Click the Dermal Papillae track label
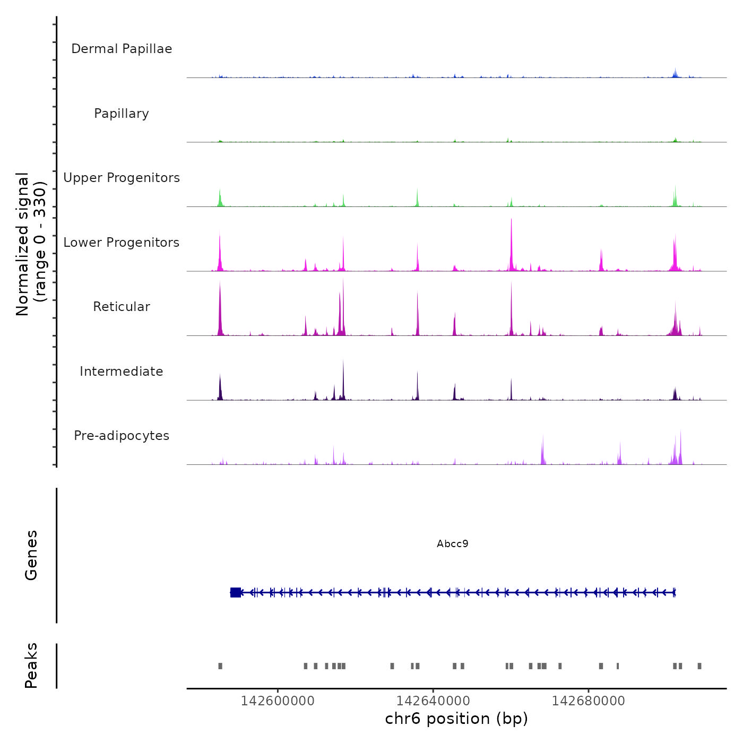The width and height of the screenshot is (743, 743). (x=122, y=49)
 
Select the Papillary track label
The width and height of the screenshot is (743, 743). (x=122, y=114)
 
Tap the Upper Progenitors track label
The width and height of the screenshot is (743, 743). (x=122, y=178)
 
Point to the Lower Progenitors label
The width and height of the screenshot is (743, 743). (x=122, y=243)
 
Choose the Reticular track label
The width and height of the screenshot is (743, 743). (x=122, y=307)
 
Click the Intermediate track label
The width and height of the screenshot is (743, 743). (x=122, y=371)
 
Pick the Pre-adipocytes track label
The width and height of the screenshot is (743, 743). (x=122, y=436)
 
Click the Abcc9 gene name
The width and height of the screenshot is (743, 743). (x=452, y=543)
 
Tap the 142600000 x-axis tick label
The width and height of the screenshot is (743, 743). (x=278, y=701)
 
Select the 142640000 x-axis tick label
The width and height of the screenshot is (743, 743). (x=433, y=701)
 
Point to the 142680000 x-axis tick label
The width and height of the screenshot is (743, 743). (x=588, y=701)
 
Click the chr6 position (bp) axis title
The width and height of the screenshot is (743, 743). (x=456, y=719)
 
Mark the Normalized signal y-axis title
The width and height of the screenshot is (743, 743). (x=31, y=244)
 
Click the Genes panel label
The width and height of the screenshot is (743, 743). (x=31, y=555)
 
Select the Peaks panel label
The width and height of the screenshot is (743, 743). (x=31, y=666)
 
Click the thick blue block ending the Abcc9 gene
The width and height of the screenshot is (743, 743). (x=236, y=592)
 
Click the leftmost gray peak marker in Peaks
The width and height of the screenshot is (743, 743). (x=220, y=666)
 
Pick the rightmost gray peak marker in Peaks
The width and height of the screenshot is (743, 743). (x=699, y=666)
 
